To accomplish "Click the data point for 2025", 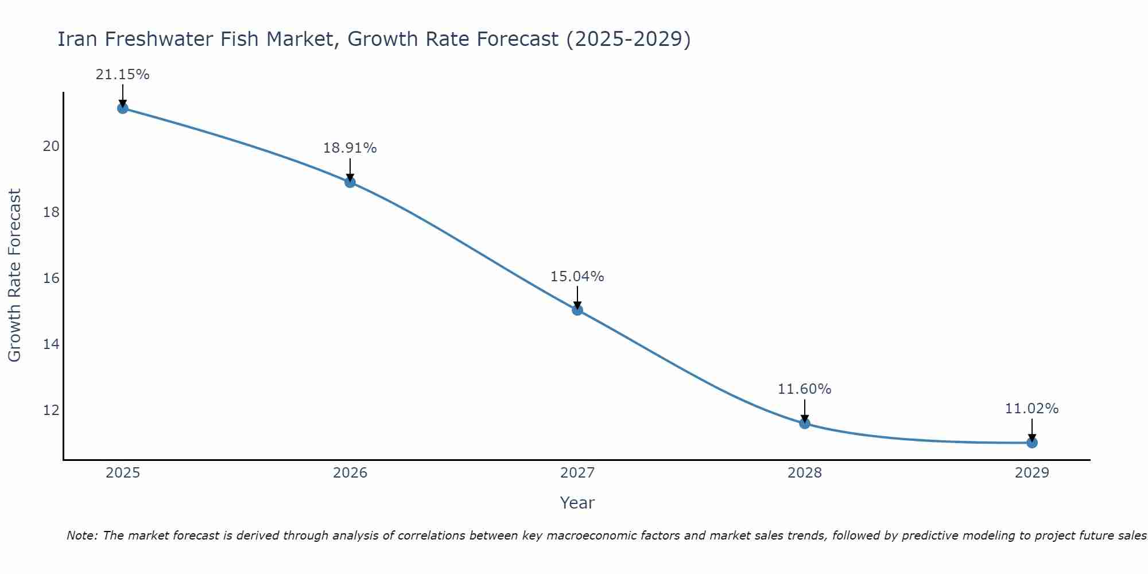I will coord(122,108).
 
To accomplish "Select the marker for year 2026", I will coord(350,182).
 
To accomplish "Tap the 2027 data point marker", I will coord(577,310).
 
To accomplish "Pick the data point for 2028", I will coord(805,424).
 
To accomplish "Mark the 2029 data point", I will coord(1032,443).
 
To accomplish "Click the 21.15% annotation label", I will coord(122,75).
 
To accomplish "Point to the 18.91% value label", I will coord(350,148).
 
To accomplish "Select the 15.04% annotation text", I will coord(577,277).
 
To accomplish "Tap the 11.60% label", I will coord(805,389).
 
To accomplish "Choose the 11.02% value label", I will coord(1032,409).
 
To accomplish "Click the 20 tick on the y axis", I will coord(51,146).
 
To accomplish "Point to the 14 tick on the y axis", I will coord(51,344).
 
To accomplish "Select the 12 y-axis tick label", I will coord(51,410).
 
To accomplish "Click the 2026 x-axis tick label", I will coord(350,473).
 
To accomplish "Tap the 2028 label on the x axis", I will coord(805,473).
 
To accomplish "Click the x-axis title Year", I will coord(577,503).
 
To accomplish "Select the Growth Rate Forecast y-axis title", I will coord(14,276).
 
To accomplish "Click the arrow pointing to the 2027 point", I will coord(577,297).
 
